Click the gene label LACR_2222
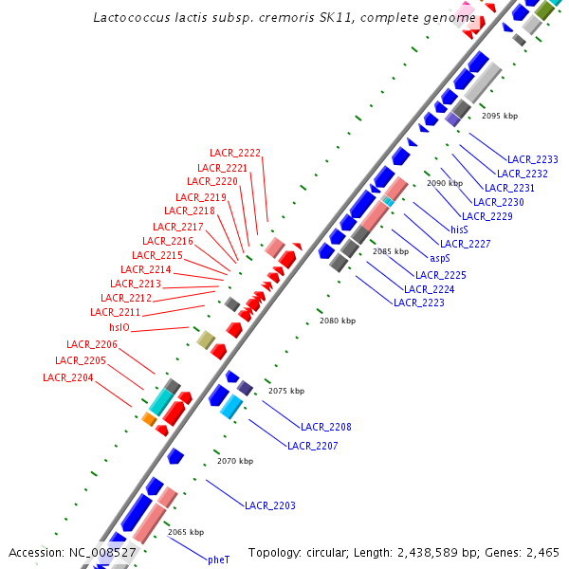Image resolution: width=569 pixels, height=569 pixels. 235,153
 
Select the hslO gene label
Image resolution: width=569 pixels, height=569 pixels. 119,327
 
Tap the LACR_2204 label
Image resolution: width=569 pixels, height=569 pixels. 68,377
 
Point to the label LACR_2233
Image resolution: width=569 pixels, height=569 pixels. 533,159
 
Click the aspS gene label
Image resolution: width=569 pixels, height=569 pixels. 440,258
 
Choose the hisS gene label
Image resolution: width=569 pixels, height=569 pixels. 459,229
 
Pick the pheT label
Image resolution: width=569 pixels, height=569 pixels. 219,560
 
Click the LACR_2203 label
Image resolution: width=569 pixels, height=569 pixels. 270,505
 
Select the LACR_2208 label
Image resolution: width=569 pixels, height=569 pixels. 326,427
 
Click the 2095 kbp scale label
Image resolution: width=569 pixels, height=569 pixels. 500,116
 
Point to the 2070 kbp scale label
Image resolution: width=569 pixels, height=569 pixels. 235,461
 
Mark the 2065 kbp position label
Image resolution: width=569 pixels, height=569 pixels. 186,532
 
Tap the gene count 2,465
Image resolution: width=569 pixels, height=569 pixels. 542,552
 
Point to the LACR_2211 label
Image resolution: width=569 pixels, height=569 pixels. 115,312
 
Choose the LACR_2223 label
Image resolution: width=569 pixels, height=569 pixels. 419,303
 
